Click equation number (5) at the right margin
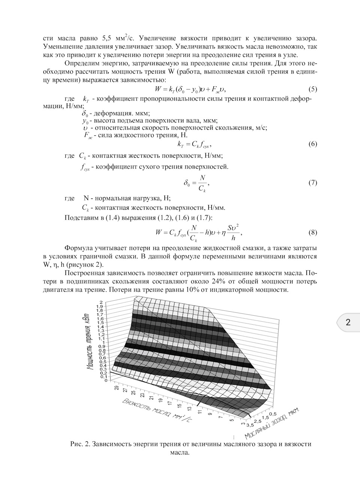pyautogui.click(x=312, y=89)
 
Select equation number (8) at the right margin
pyautogui.click(x=312, y=232)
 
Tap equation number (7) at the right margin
pyautogui.click(x=312, y=183)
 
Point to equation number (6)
pyautogui.click(x=312, y=144)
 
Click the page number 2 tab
pyautogui.click(x=348, y=322)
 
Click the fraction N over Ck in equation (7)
pyautogui.click(x=202, y=183)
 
